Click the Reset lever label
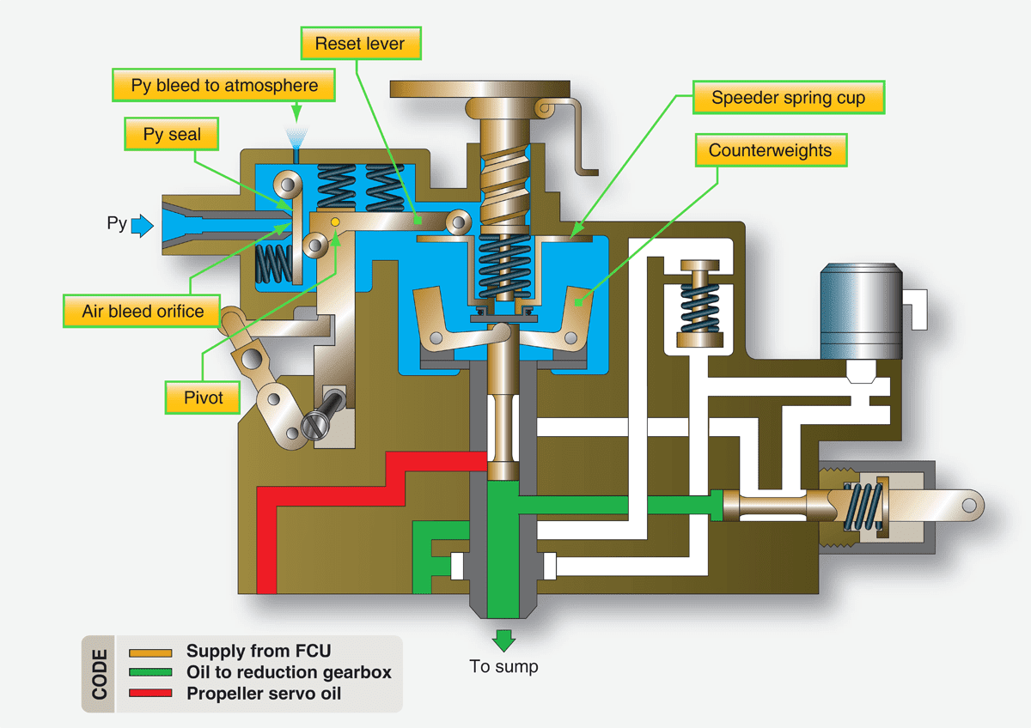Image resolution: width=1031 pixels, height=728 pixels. tap(358, 43)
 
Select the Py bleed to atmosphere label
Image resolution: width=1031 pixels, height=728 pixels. tap(224, 86)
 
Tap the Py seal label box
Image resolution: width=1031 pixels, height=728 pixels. tap(171, 135)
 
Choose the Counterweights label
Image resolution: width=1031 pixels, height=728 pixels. tap(770, 150)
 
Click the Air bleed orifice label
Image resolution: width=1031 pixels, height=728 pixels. tap(143, 311)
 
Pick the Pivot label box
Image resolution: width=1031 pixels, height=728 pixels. tap(203, 397)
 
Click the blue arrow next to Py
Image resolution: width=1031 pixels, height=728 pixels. tap(143, 226)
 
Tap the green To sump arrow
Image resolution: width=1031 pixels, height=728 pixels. tap(503, 640)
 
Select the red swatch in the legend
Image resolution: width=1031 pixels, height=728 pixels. tap(152, 692)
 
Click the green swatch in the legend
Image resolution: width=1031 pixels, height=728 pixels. tap(152, 672)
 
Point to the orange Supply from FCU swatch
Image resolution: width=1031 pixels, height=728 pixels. tap(152, 652)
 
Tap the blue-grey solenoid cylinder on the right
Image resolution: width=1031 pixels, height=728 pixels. tap(860, 310)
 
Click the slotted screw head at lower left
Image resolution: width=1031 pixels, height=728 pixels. tap(315, 425)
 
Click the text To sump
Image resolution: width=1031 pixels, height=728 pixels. tap(503, 666)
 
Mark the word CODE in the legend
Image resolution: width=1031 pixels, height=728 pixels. tap(99, 674)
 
